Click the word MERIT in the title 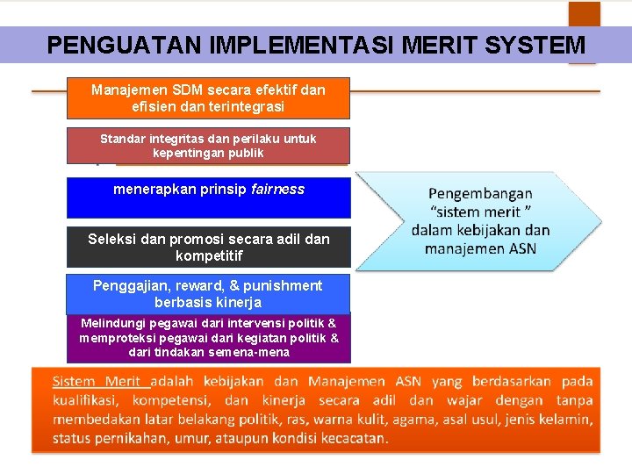(x=444, y=45)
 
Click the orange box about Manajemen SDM (x=208, y=97)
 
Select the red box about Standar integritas (x=208, y=146)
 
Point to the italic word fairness (x=277, y=189)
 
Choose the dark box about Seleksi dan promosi (x=208, y=247)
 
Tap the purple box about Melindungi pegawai (x=208, y=338)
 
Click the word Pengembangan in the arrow (x=480, y=193)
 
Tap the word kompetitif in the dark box (x=209, y=256)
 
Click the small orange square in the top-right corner (x=584, y=13)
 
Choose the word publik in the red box (x=242, y=153)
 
